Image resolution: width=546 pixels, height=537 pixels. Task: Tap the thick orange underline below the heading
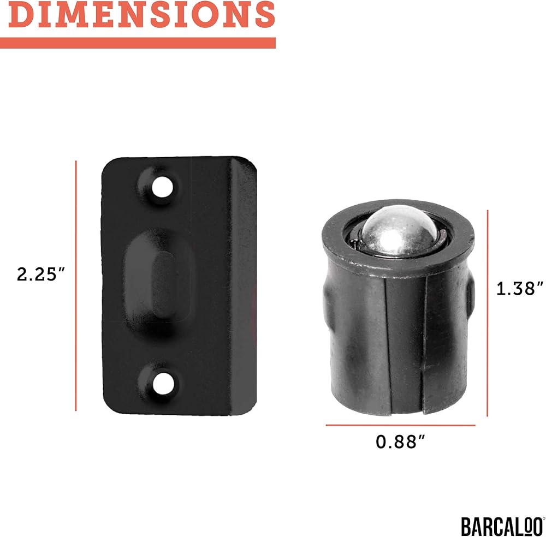pos(138,43)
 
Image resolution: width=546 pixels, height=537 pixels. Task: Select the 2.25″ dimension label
pos(41,275)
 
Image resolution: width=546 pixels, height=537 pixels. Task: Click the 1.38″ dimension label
pos(520,289)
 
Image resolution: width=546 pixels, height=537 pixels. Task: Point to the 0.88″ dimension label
pos(400,441)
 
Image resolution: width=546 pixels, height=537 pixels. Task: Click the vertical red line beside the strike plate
pos(75,286)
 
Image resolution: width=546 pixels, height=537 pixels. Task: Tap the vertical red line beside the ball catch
pos(488,313)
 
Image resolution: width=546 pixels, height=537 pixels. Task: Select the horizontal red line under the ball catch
pos(400,425)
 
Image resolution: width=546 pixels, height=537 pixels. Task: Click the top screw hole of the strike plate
pos(162,187)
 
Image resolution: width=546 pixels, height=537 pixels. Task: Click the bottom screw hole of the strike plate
pos(163,384)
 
